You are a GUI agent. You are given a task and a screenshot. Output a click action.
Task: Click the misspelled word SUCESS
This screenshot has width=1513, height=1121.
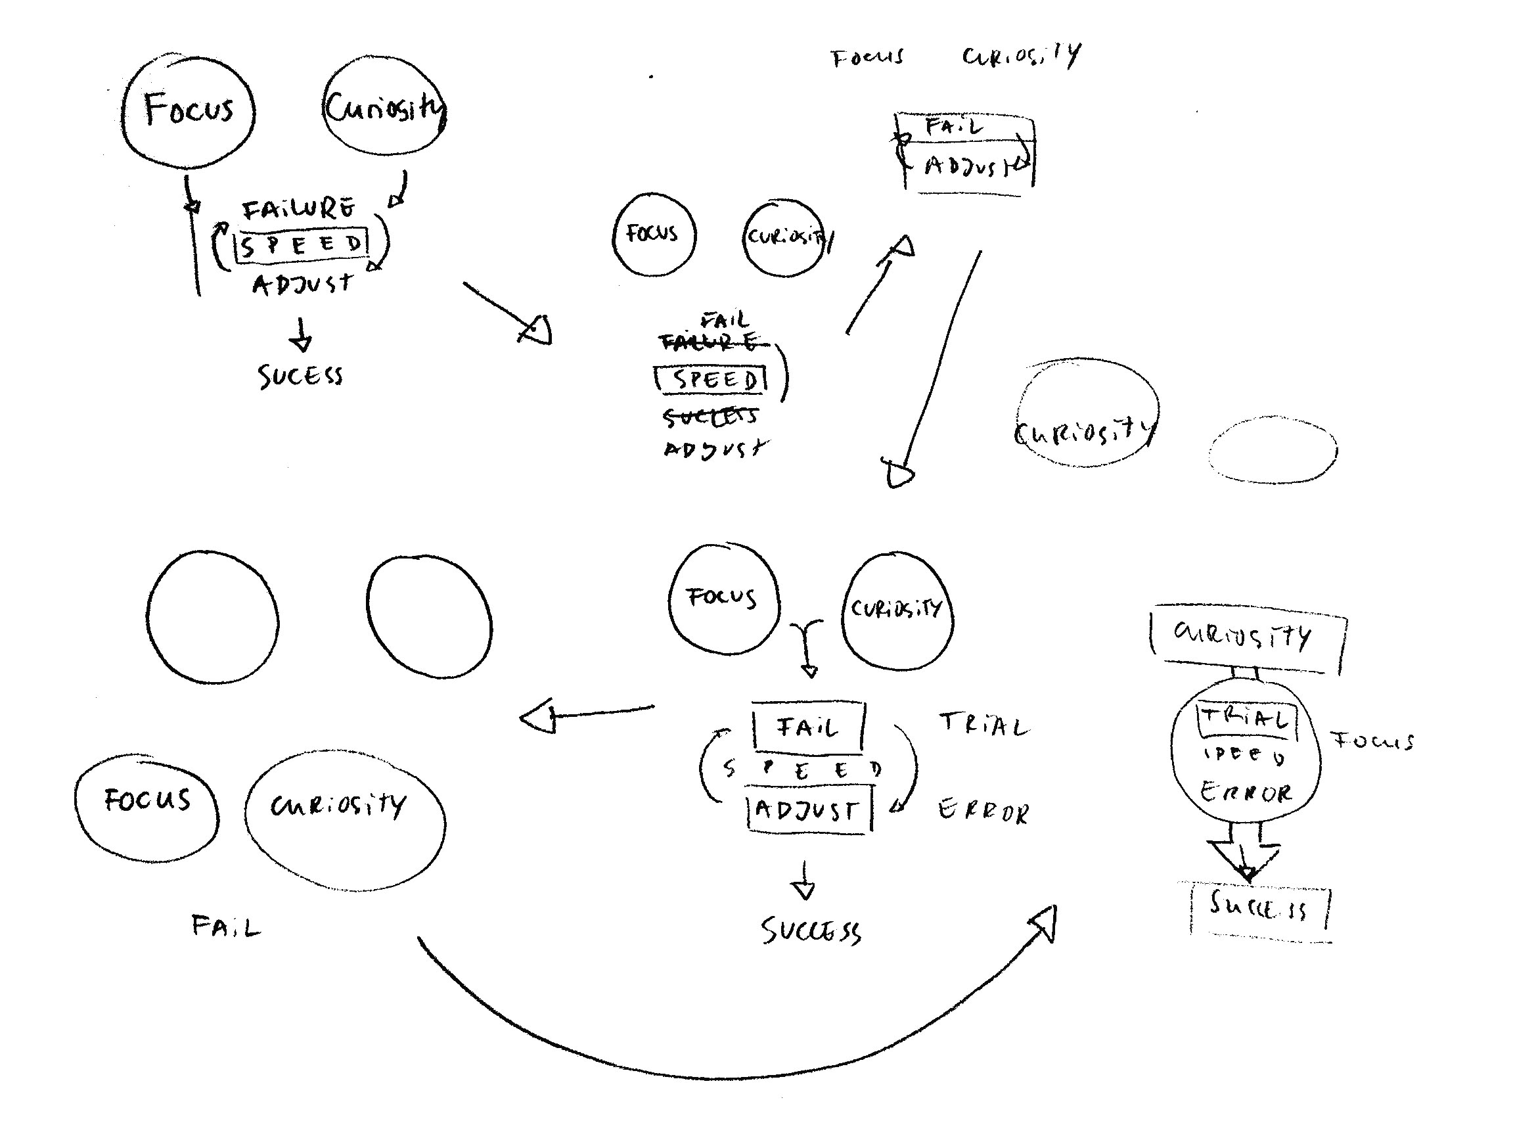tap(300, 375)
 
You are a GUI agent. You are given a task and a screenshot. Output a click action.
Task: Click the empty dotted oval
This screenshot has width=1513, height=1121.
tap(1273, 450)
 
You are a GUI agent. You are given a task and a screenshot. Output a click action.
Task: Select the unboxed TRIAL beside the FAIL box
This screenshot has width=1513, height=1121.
tap(983, 725)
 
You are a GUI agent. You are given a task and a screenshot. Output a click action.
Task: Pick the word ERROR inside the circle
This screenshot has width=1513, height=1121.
tap(1246, 792)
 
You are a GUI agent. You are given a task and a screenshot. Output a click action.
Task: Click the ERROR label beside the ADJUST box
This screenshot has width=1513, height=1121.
tap(983, 812)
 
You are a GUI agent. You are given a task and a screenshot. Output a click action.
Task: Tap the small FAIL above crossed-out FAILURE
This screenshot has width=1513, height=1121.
tap(725, 319)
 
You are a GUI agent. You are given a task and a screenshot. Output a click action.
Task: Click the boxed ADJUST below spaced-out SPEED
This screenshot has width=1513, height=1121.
tap(808, 810)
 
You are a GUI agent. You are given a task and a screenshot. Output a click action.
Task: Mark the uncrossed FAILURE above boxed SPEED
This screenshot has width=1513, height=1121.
tap(298, 209)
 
